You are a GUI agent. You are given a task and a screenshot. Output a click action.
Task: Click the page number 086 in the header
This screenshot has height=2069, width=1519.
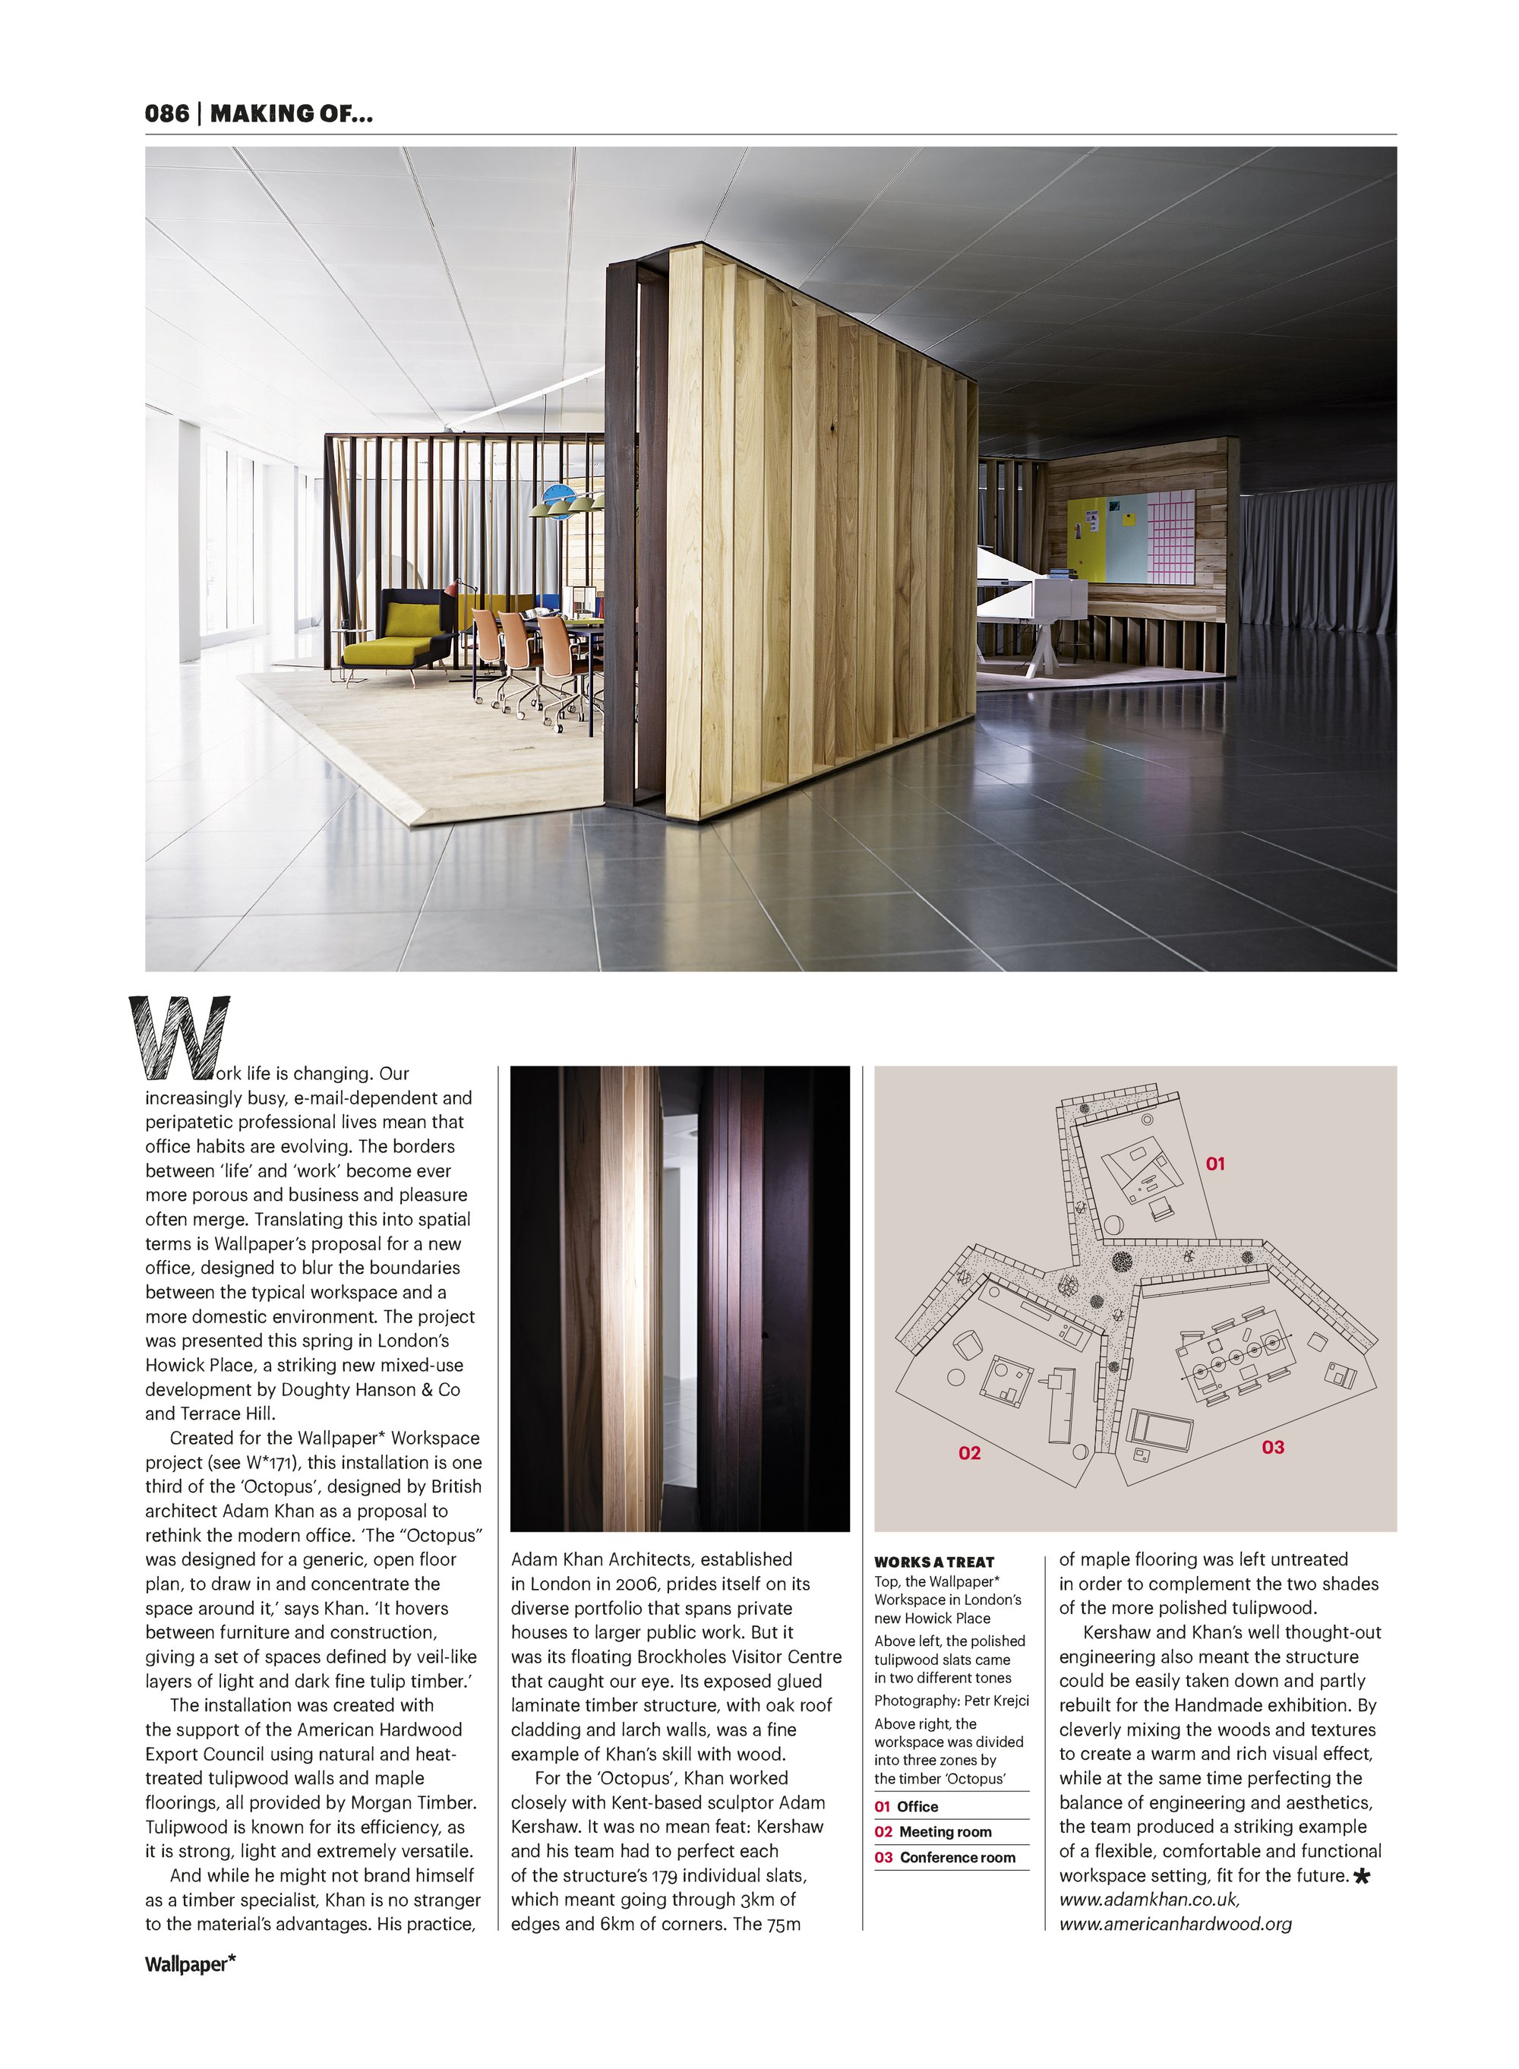(166, 113)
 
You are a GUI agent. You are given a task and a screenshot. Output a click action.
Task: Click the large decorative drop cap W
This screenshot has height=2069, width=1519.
(180, 1038)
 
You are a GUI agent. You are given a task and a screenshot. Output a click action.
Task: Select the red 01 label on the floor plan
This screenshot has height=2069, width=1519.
(1214, 1164)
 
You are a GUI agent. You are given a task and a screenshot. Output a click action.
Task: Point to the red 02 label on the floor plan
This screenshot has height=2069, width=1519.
(969, 1453)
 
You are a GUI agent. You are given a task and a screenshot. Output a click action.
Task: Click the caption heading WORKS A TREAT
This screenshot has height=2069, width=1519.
(933, 1562)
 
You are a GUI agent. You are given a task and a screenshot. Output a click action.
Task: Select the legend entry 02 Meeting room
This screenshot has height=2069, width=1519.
(933, 1832)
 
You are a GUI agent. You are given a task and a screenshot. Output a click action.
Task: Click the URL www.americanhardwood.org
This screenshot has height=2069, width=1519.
(1175, 1924)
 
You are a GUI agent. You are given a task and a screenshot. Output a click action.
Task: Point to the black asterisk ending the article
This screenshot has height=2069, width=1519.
(1362, 1877)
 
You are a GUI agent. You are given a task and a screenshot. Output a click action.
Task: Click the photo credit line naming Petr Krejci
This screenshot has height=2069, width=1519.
(951, 1701)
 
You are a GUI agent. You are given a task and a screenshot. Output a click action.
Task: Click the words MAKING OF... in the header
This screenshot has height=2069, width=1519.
(292, 113)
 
